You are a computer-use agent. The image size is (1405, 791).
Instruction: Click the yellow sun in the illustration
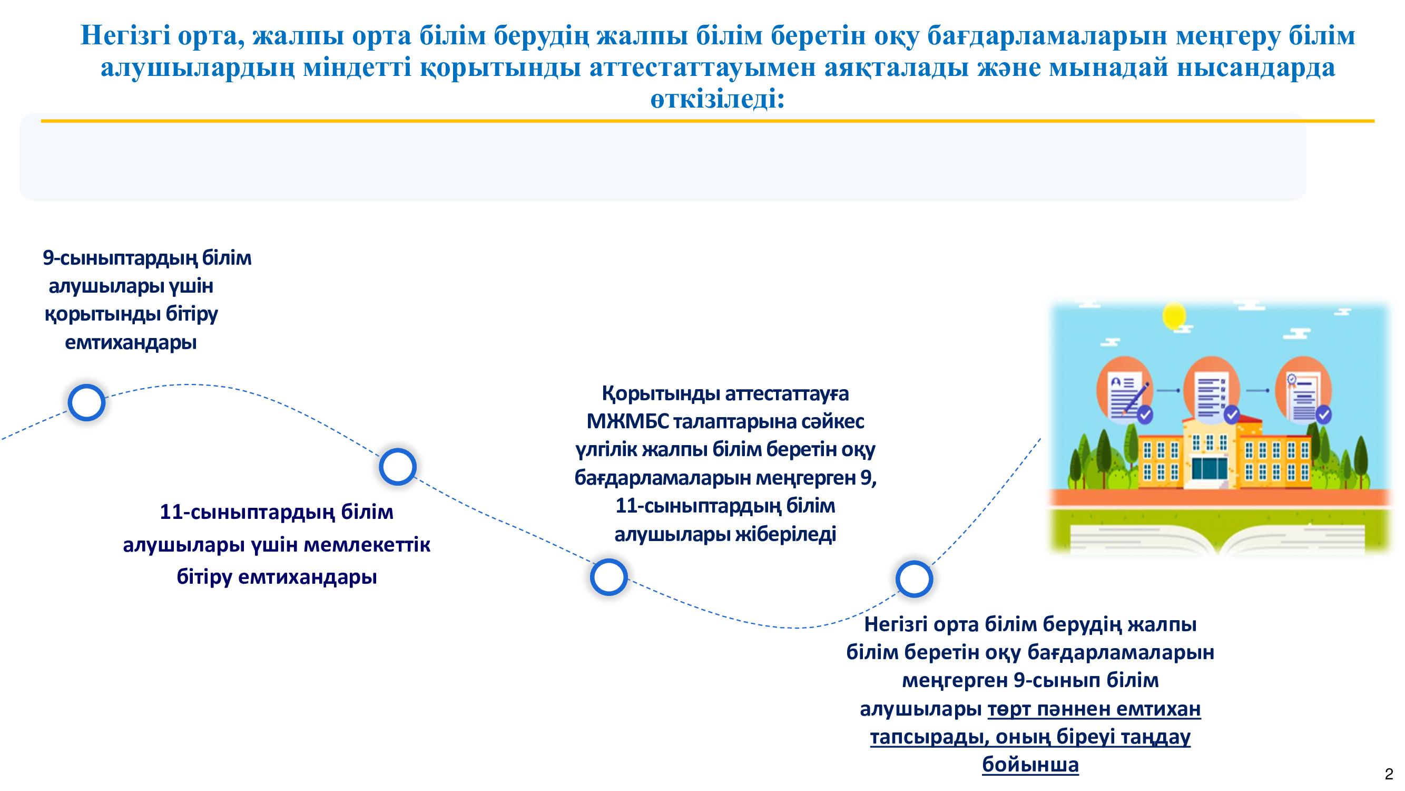[1174, 315]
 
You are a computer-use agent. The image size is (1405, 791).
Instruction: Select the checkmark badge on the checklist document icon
[1231, 414]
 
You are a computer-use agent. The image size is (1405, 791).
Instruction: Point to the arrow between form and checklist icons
[1169, 390]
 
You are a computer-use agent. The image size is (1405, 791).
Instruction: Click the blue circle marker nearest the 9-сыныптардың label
[86, 403]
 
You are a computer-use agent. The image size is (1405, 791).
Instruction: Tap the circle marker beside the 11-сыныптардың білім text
[398, 467]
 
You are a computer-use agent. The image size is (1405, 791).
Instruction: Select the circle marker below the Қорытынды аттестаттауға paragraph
[608, 577]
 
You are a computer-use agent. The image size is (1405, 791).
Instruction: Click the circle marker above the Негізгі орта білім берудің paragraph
[914, 578]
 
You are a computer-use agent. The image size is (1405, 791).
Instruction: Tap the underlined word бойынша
[1030, 765]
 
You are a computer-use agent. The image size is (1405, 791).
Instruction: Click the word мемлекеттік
[366, 544]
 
